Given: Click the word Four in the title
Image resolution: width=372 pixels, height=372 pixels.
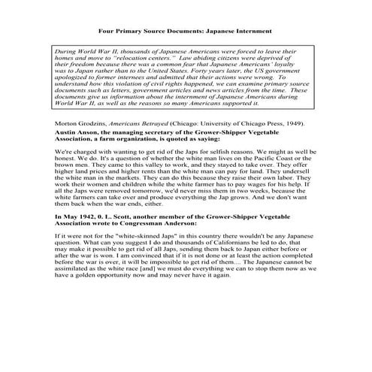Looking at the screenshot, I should coord(109,32).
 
